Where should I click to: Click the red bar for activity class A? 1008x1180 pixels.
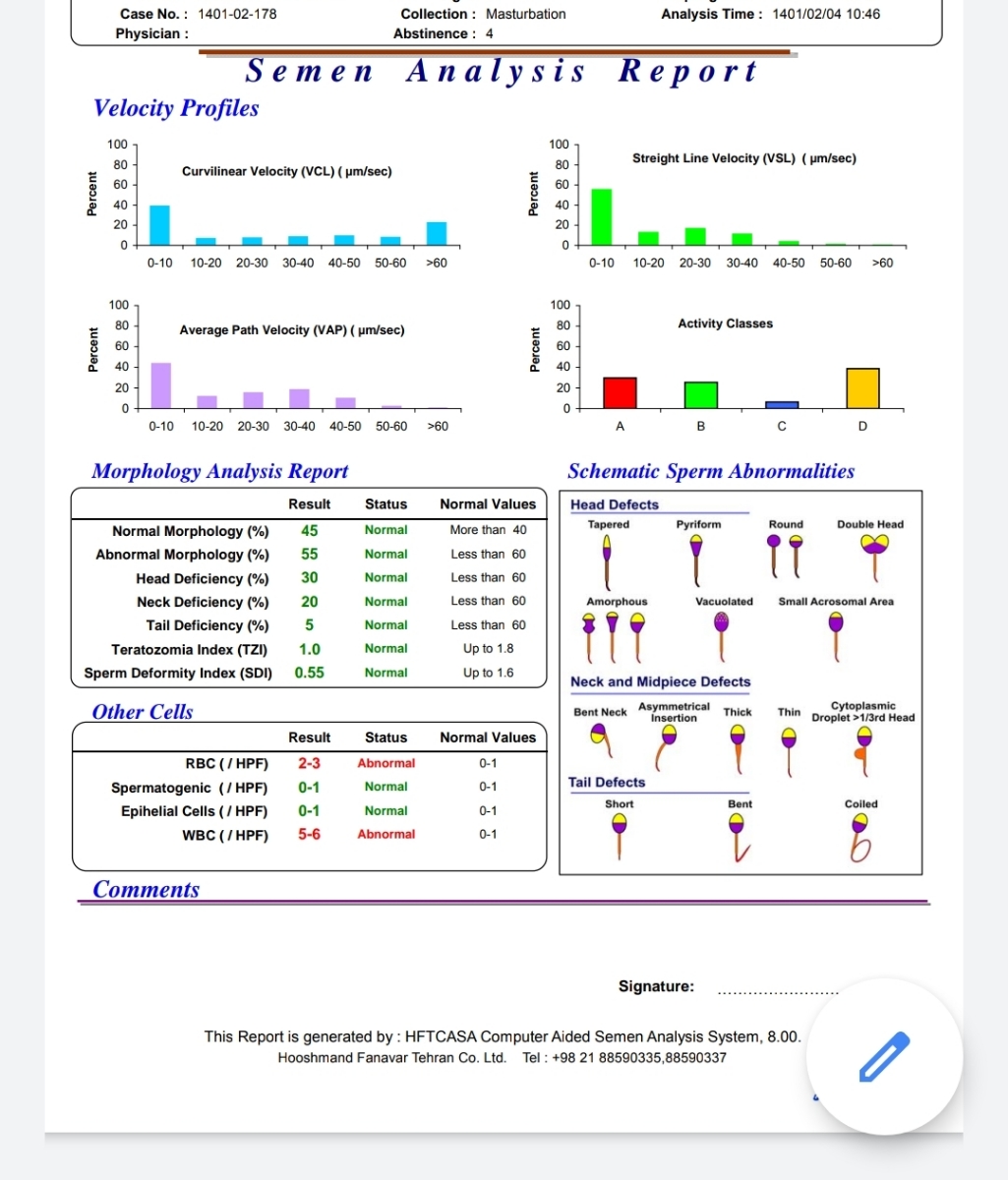pos(620,392)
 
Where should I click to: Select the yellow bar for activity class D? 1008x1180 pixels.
pos(862,388)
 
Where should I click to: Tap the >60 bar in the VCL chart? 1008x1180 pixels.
pos(437,233)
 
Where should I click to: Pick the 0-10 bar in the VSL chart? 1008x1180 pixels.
pos(602,217)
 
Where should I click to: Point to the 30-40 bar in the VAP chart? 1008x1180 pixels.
pos(299,398)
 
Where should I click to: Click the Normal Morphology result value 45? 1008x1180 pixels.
pos(310,531)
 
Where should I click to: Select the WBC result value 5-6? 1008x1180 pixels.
pos(310,835)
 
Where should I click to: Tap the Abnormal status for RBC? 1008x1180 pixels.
pos(386,763)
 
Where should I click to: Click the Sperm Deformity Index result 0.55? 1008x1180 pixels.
pos(310,673)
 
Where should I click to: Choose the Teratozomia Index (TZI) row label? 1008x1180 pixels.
pos(189,650)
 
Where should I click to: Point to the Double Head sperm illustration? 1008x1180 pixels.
pos(874,558)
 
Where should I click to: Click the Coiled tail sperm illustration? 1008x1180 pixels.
pos(860,838)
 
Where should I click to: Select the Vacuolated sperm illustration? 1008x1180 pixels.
pos(722,637)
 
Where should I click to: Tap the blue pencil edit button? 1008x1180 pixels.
pos(884,1057)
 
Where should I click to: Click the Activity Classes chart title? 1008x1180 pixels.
pos(725,324)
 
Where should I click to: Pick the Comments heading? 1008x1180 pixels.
pos(147,889)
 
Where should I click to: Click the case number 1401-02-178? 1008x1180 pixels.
pos(237,15)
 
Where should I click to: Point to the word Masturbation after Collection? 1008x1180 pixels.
pos(526,15)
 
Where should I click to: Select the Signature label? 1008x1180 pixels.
pos(656,986)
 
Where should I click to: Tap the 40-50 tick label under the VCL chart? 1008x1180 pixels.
pos(344,264)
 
